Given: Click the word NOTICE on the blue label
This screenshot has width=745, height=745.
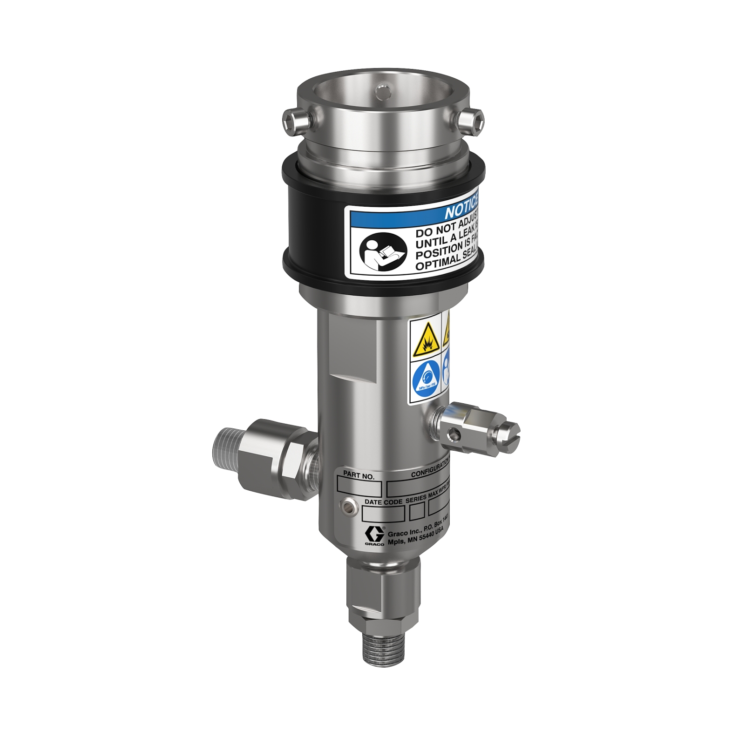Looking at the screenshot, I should tap(461, 211).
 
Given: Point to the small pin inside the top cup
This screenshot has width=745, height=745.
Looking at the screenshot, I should tap(383, 92).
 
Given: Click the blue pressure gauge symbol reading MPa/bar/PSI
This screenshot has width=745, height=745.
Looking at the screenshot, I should tap(427, 381).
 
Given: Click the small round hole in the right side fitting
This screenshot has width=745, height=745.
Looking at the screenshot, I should tap(455, 435).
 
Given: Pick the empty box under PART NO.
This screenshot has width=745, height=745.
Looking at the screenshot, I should tap(359, 488).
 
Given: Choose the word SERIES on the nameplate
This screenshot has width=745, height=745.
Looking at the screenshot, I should tap(415, 499).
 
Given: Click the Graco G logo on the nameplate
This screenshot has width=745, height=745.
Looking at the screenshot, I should tap(374, 535).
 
